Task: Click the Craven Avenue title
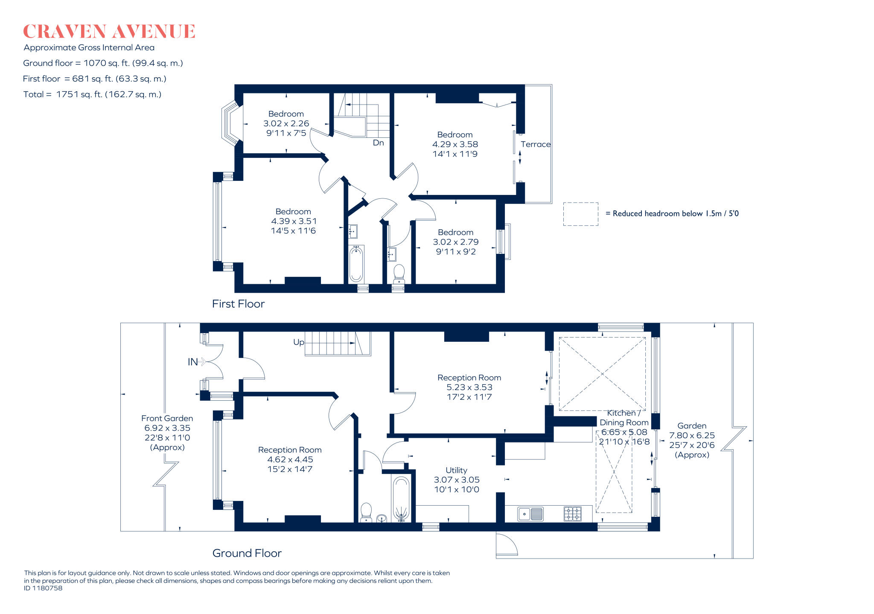[109, 32]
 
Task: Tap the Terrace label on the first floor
[536, 144]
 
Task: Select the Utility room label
[456, 470]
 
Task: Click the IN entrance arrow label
[192, 362]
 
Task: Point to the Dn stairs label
[379, 143]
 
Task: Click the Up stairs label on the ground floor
[299, 342]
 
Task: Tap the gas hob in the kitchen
[573, 514]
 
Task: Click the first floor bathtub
[356, 264]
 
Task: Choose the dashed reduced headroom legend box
[580, 214]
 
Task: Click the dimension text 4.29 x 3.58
[455, 144]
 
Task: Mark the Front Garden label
[167, 419]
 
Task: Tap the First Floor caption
[238, 304]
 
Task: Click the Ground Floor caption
[247, 553]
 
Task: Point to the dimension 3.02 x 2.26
[286, 123]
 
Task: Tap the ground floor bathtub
[401, 499]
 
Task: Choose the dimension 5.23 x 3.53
[469, 387]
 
